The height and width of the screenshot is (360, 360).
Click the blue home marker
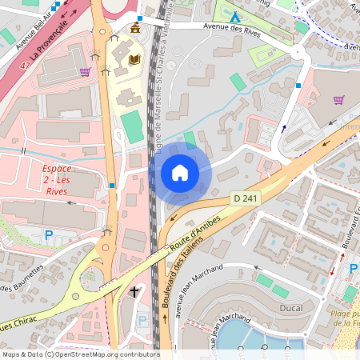point(180,172)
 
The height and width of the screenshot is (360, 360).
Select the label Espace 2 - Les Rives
point(57,180)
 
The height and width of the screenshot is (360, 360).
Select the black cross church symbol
point(134,293)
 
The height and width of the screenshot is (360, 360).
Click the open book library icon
point(134,59)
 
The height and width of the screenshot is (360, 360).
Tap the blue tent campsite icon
point(234,17)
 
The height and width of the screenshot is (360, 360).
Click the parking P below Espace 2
point(49,235)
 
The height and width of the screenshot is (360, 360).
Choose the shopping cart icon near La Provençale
point(85,72)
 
